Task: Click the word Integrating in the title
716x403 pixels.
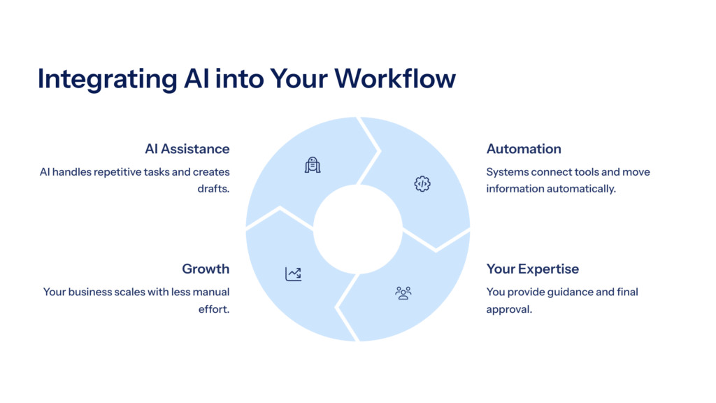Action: (x=107, y=79)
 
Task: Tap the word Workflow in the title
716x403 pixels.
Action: (x=395, y=78)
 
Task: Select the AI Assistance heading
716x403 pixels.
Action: (x=187, y=149)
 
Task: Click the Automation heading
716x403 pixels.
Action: (x=524, y=149)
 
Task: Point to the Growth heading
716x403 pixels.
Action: (x=206, y=269)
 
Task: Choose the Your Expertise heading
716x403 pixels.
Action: (x=532, y=269)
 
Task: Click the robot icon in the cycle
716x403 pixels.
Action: (x=313, y=165)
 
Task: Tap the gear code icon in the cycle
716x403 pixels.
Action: (x=422, y=184)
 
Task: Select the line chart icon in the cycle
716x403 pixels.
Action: (x=293, y=274)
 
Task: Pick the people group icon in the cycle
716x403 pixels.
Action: (x=403, y=293)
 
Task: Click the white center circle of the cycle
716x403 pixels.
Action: (x=358, y=229)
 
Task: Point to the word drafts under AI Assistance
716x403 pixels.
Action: (x=213, y=189)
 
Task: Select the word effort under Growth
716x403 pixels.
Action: (x=214, y=309)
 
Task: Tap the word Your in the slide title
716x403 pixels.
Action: (x=299, y=78)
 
